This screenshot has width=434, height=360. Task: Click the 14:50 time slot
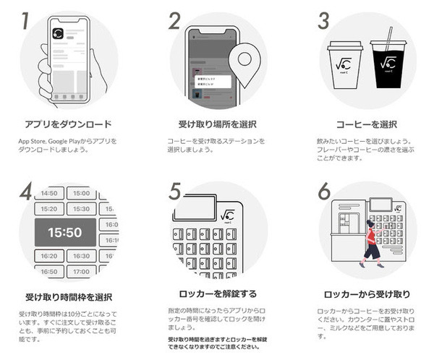[48, 193]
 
